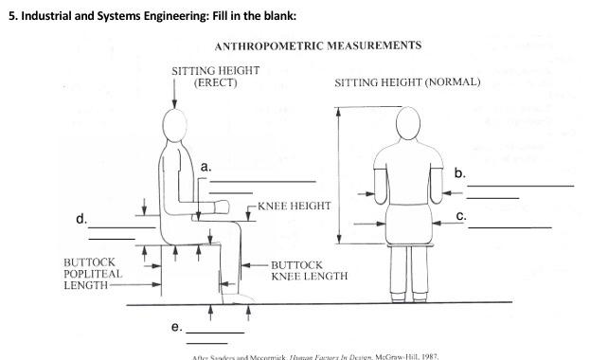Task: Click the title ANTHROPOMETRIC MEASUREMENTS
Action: [x=318, y=45]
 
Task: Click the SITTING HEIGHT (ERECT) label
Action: [x=215, y=77]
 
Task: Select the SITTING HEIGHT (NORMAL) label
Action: [x=407, y=82]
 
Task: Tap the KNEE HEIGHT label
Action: [x=294, y=206]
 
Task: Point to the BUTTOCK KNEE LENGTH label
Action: [x=309, y=271]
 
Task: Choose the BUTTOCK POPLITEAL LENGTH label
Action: [x=93, y=273]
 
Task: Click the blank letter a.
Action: [x=206, y=167]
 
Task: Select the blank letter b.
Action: [x=459, y=173]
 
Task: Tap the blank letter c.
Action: [x=460, y=217]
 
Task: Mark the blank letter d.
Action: [x=81, y=221]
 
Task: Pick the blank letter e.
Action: [x=176, y=327]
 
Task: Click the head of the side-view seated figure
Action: [x=174, y=124]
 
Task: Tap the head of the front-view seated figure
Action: [x=407, y=122]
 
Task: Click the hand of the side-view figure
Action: [x=224, y=205]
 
